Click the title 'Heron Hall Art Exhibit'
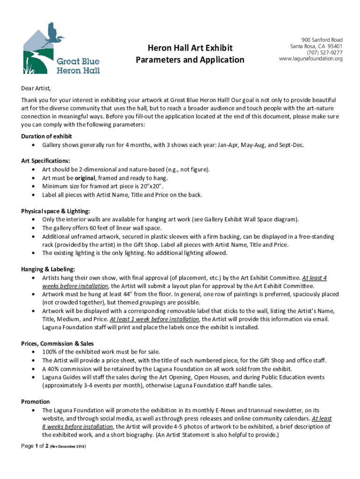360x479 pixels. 190,48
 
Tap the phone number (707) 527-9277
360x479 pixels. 324,53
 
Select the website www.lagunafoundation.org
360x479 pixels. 311,59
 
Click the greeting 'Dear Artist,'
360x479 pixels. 36,88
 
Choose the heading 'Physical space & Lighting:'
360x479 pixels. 56,211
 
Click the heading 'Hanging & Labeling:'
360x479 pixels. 48,269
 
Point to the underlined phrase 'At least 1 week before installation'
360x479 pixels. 154,319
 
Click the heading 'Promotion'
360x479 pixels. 36,401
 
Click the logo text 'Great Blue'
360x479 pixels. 78,61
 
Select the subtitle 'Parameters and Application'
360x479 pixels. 190,60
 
